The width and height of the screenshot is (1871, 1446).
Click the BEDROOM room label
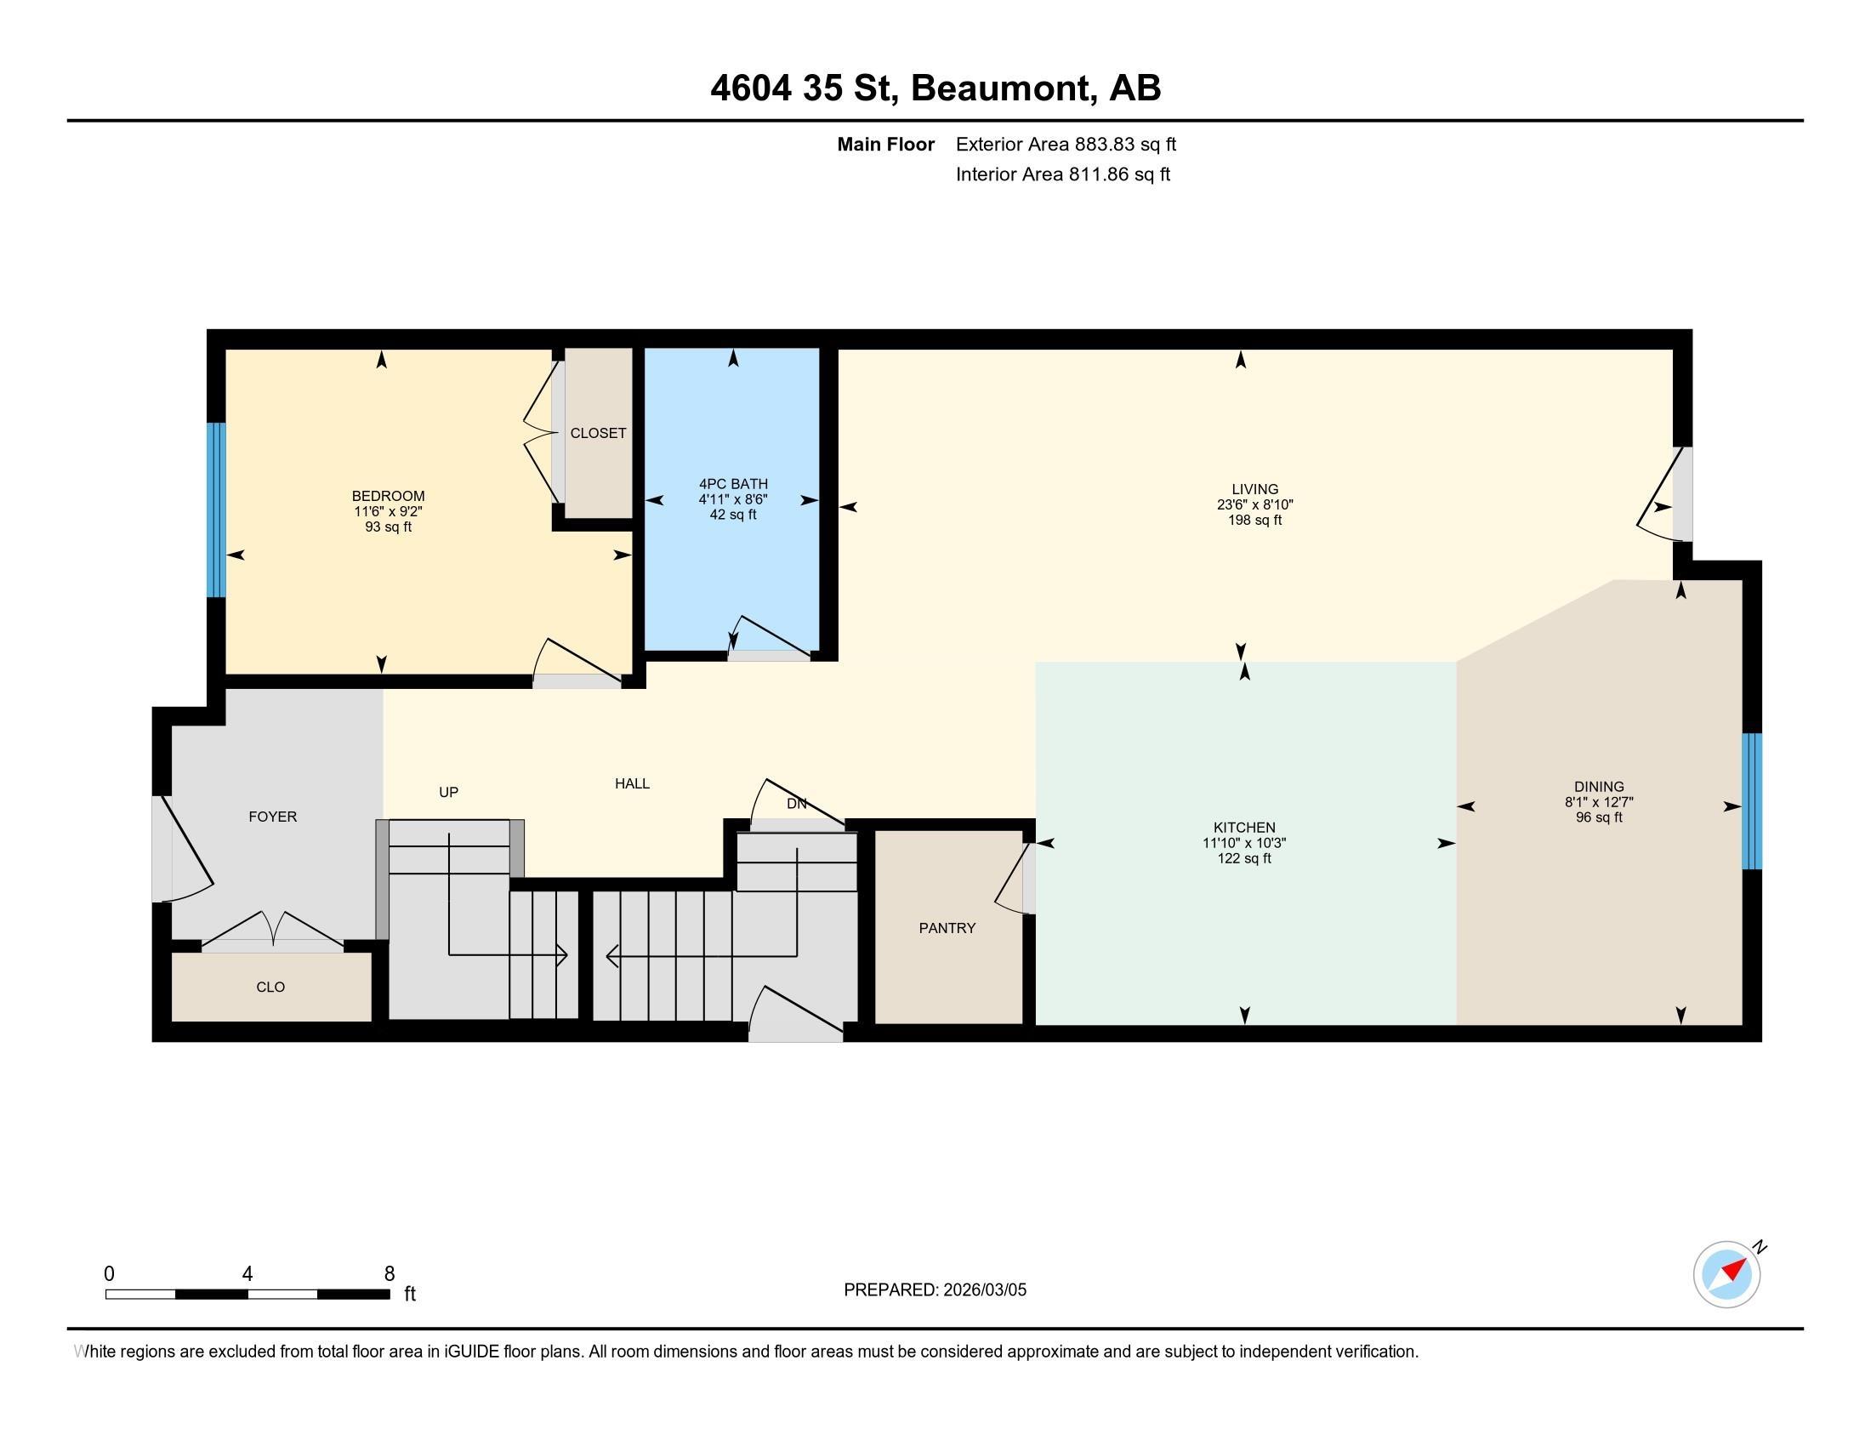tap(388, 496)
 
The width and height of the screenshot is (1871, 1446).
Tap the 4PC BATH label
tap(732, 484)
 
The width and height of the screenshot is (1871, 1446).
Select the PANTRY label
tap(947, 928)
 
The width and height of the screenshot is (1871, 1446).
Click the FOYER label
tap(272, 817)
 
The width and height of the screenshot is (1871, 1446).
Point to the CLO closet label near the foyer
tap(270, 987)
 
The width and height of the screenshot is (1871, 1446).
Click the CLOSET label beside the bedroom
tap(598, 434)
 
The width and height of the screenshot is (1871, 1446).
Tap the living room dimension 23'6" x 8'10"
tap(1254, 504)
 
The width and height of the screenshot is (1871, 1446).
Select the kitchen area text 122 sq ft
tap(1244, 858)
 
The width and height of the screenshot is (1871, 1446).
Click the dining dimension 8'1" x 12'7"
tap(1599, 802)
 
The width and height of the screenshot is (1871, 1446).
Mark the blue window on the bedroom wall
tap(216, 510)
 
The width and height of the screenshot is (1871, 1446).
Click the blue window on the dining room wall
tap(1752, 801)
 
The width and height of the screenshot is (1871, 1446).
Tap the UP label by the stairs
tap(448, 793)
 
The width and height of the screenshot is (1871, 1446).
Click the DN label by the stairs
tap(796, 804)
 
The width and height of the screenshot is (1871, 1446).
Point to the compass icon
tap(1726, 1274)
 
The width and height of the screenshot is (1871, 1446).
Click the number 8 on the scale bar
tap(389, 1274)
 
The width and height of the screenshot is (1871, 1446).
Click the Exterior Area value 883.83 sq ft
tap(1125, 144)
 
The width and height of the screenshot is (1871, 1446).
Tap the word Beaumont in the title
tap(1003, 88)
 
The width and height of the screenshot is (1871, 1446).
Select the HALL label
tap(631, 783)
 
